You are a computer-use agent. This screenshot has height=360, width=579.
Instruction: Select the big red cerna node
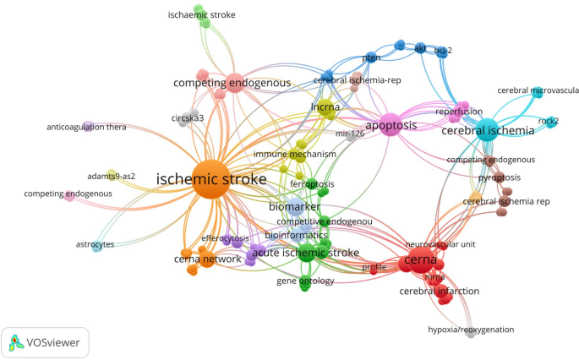coord(420,259)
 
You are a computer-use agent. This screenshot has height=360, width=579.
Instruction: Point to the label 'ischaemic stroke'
coord(201,15)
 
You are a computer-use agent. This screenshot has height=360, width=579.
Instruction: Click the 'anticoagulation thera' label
coord(86,128)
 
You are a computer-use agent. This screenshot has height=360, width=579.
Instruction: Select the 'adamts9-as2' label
coord(111,177)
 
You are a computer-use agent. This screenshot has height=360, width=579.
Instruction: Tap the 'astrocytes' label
coord(95,244)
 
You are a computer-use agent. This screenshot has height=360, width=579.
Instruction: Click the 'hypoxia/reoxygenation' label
coord(471,330)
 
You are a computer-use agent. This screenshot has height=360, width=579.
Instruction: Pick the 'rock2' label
coord(549,120)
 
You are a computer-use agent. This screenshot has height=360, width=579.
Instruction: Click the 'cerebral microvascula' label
coord(538,90)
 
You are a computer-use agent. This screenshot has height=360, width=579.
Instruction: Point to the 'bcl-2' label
coord(443,51)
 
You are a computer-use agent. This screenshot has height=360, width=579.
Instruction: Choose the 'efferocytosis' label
coord(226,238)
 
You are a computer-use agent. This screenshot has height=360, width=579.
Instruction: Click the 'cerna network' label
coord(207,259)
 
